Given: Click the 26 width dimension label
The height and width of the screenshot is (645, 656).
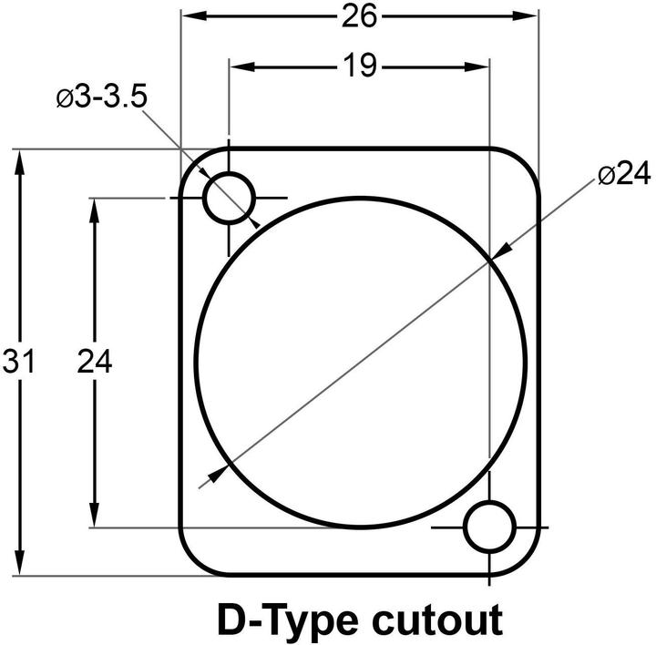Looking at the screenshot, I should click(x=361, y=15).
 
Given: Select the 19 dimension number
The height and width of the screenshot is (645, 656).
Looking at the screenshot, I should click(x=361, y=67).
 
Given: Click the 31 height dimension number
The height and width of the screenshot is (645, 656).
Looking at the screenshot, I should click(x=19, y=363).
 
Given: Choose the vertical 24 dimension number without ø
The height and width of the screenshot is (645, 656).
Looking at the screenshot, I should click(x=94, y=363).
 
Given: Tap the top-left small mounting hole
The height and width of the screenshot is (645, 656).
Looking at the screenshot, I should click(x=229, y=198).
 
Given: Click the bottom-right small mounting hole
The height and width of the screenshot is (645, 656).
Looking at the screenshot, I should click(x=490, y=527).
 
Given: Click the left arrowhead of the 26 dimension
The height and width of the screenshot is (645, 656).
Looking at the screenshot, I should click(x=190, y=16).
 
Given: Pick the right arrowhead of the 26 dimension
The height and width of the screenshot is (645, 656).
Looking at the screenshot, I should click(x=530, y=16).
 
